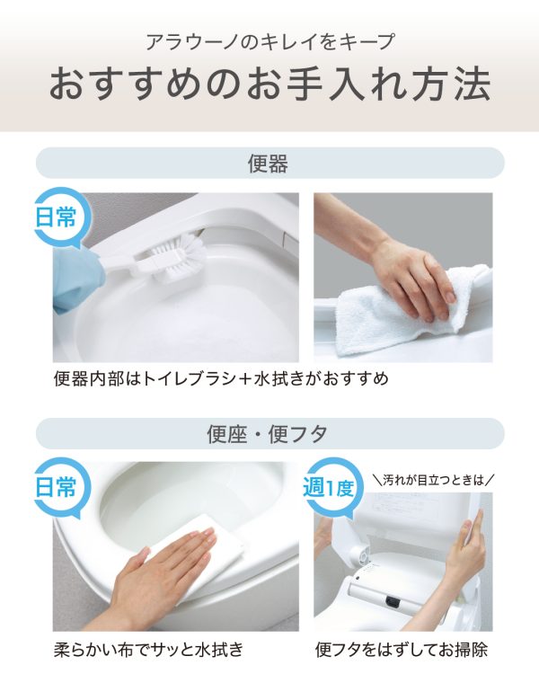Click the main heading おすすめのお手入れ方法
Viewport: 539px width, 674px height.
coord(269,84)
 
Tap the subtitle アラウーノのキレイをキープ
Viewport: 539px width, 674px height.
coord(269,41)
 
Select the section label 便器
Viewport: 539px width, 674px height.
coord(268,164)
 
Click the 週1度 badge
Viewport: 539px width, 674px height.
coord(329,487)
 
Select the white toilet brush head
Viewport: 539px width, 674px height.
coord(181,258)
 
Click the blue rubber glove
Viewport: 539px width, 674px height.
coord(77,279)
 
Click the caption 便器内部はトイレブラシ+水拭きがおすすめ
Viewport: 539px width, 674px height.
coord(221,378)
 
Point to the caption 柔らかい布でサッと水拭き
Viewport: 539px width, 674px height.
coord(149,649)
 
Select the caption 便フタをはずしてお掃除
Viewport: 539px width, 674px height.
coord(402,649)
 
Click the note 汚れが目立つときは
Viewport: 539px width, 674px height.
coord(433,479)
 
